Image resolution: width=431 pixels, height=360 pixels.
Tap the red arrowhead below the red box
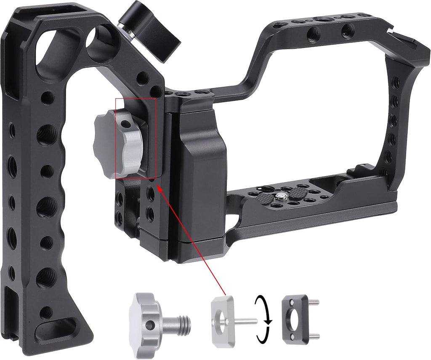(160, 188)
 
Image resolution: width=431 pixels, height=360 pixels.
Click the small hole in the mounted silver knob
(125, 124)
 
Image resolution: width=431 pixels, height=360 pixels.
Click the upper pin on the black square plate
(314, 301)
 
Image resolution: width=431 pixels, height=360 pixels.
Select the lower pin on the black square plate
(314, 336)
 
